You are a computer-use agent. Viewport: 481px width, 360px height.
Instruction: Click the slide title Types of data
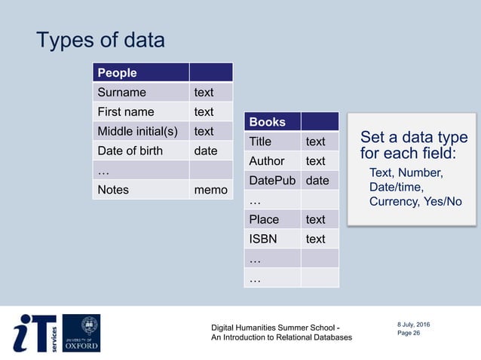pos(100,40)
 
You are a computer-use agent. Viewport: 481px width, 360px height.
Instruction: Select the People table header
pos(117,73)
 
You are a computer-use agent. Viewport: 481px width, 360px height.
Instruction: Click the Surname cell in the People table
pos(121,93)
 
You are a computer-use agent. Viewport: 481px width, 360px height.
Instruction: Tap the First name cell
pos(125,112)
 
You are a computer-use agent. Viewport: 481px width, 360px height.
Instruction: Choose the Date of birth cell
pos(130,151)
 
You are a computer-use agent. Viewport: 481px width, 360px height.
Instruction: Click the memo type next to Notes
pos(210,190)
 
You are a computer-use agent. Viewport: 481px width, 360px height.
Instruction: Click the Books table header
pos(268,122)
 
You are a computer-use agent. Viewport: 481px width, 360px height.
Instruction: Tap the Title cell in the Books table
pos(260,142)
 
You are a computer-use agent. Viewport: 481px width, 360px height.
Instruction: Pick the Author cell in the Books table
pos(266,161)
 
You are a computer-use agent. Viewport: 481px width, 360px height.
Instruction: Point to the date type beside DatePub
pos(317,181)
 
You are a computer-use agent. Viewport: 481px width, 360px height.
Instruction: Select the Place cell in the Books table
pos(264,220)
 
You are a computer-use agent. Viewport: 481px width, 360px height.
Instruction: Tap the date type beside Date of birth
pos(206,151)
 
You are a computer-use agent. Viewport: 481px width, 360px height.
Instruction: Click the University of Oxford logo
pos(81,333)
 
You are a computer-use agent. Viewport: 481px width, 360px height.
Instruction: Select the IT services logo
pos(35,333)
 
